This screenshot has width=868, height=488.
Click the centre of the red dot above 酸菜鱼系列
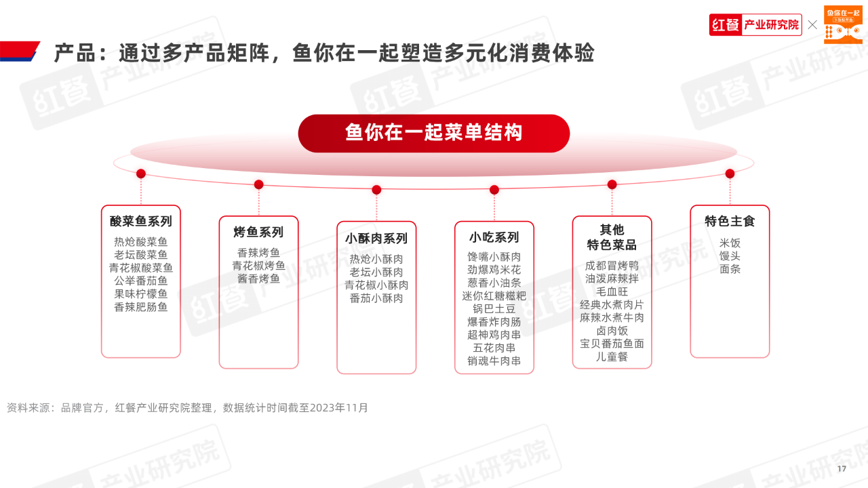point(141,174)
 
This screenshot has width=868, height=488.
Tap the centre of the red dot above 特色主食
point(730,174)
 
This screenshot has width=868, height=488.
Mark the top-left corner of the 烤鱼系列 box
point(219,216)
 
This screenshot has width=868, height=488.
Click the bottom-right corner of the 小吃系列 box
point(534,373)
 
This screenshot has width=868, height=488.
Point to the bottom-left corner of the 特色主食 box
point(690,357)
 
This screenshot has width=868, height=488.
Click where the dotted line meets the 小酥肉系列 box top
point(376,222)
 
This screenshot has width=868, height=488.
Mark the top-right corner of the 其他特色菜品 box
point(652,216)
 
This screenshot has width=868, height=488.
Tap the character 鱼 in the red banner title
point(355,132)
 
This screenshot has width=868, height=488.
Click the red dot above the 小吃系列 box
point(494,190)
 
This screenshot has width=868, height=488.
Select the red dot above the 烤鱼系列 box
point(259,185)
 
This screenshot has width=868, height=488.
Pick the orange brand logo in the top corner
point(843,24)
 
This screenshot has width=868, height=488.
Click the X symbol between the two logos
point(812,25)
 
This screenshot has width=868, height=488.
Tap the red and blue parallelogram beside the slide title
point(20,51)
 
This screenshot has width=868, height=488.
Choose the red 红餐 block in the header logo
point(726,25)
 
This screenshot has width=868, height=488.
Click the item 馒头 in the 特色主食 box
point(730,256)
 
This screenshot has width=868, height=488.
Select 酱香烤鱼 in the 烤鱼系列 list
point(258,279)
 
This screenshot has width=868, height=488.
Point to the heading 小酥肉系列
point(376,239)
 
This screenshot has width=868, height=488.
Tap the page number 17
point(842,468)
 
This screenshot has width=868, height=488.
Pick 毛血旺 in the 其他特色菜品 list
point(612,291)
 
